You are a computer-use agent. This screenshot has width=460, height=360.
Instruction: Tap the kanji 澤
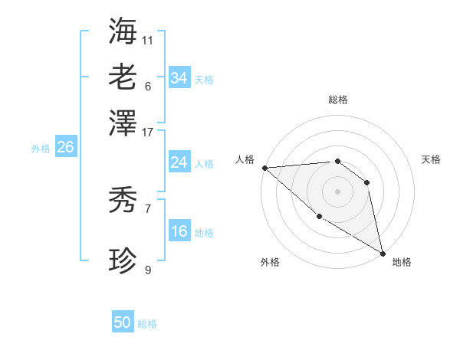click(123, 122)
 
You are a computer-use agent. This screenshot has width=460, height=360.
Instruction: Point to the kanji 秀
click(123, 200)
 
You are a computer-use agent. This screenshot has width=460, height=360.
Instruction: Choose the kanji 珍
click(123, 261)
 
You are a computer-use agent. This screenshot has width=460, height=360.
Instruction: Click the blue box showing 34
click(179, 78)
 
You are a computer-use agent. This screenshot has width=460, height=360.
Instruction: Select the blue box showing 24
click(179, 162)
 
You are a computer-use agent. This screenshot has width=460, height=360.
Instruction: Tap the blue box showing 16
click(179, 231)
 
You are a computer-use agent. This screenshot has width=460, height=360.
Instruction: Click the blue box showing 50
click(123, 322)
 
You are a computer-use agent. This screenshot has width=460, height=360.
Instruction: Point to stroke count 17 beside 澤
click(148, 132)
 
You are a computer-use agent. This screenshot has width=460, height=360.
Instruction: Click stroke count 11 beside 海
click(148, 39)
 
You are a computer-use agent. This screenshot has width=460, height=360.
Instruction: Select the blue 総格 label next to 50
click(148, 324)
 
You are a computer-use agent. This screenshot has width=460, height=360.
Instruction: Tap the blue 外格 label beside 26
click(41, 149)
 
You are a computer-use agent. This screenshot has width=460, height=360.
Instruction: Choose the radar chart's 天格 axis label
click(431, 159)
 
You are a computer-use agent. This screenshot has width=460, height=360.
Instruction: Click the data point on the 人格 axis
click(264, 168)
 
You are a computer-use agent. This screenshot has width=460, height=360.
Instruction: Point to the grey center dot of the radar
click(337, 191)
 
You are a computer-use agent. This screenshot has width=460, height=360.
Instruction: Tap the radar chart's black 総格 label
click(337, 100)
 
